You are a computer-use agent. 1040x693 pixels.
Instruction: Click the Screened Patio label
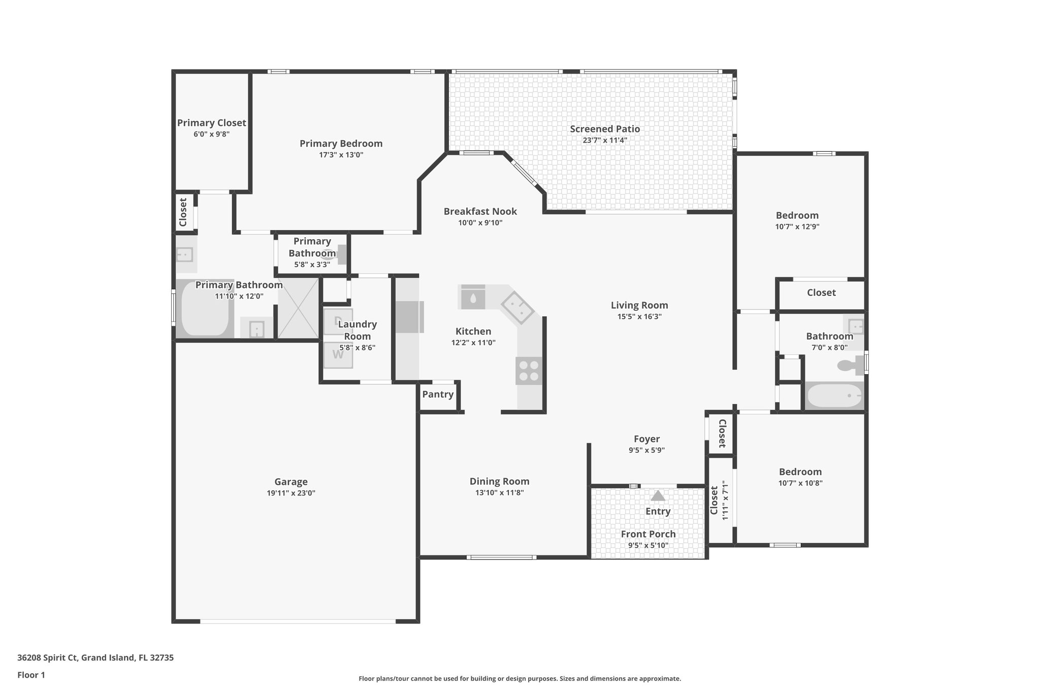point(604,129)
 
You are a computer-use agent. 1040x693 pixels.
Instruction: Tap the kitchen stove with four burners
point(529,371)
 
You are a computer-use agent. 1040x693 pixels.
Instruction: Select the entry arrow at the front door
point(658,496)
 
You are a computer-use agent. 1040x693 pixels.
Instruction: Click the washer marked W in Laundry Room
point(338,354)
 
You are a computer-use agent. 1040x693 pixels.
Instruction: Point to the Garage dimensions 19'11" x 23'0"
point(291,493)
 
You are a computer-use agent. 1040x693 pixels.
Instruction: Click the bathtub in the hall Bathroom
point(834,395)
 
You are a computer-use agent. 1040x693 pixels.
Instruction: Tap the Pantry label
point(438,394)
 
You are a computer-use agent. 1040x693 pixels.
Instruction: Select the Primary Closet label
point(211,123)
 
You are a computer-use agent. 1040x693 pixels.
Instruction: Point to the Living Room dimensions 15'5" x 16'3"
point(639,317)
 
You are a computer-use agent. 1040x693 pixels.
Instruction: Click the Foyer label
point(646,439)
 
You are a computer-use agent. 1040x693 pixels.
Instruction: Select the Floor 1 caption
point(31,675)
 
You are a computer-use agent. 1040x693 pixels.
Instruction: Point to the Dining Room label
point(499,481)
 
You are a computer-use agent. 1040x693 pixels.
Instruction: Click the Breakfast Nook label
point(480,211)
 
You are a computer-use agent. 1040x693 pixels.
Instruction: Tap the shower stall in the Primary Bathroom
point(298,308)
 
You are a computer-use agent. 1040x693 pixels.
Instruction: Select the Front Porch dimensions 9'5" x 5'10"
point(648,545)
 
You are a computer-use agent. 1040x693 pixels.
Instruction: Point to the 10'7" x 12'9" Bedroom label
point(797,215)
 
